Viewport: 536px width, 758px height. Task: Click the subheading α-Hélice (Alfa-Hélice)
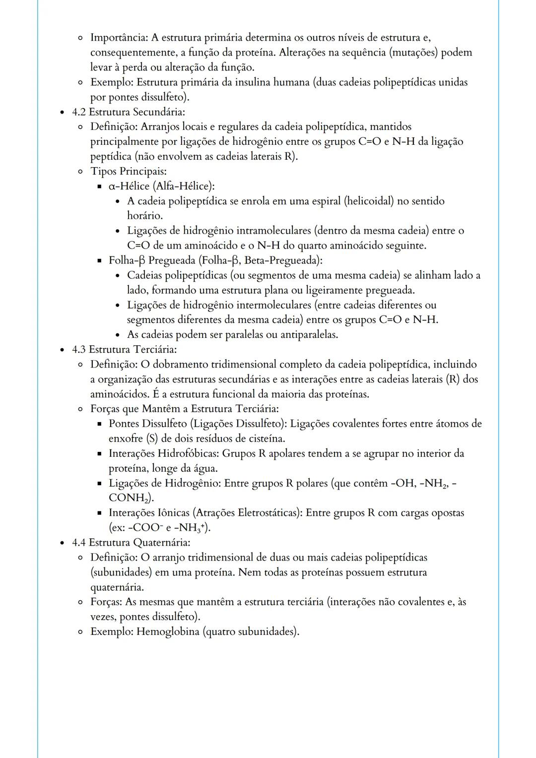[x=162, y=187]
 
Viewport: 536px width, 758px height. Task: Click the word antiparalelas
[x=309, y=335]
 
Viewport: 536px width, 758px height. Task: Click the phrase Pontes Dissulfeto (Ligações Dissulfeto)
[x=198, y=424]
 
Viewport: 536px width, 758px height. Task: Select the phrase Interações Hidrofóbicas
[x=163, y=454]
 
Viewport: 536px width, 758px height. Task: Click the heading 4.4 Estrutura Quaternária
[x=131, y=543]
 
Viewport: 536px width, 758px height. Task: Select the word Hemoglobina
[x=168, y=632]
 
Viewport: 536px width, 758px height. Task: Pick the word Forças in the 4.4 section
[x=106, y=602]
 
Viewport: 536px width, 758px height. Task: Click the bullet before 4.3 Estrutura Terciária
[x=63, y=350]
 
